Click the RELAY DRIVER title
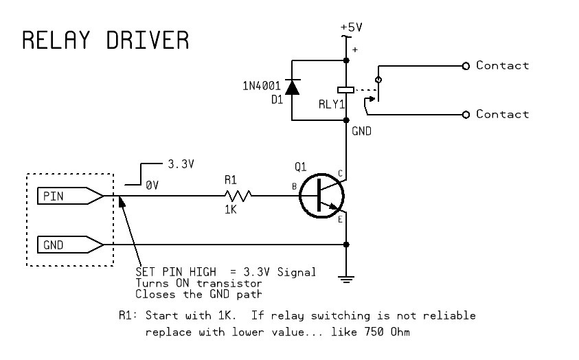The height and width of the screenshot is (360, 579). coord(105,41)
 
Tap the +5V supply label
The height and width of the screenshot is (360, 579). coord(351,27)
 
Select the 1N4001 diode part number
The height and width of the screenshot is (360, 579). coord(262,86)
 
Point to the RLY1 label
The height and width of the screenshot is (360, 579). coord(332,104)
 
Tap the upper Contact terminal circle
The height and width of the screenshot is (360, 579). coord(466,66)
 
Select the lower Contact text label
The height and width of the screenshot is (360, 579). coord(502,114)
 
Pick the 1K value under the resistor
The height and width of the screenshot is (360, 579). coord(231,210)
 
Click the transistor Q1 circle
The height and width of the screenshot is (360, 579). coord(321,196)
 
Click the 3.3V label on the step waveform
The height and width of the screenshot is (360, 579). coord(181,165)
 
